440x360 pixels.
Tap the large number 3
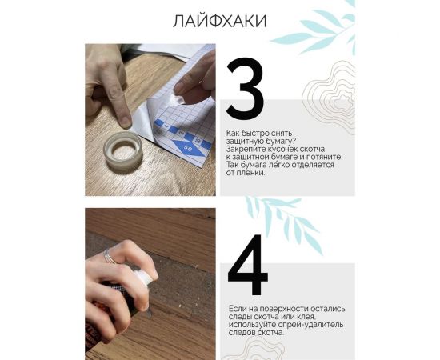[x=245, y=89]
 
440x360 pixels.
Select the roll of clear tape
[x=124, y=150]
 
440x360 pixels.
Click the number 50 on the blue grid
[x=187, y=148]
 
